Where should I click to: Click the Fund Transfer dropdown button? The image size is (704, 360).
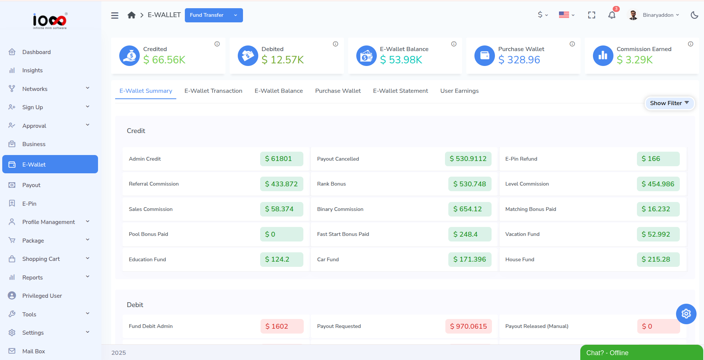[x=214, y=15]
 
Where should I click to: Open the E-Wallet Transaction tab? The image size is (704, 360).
[x=213, y=91]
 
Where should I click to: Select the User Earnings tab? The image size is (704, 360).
[x=459, y=91]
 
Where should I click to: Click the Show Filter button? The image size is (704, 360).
[x=669, y=103]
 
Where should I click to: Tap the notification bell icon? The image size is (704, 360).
[x=612, y=15]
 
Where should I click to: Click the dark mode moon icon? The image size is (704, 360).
[x=694, y=15]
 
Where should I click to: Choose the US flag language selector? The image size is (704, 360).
[x=566, y=15]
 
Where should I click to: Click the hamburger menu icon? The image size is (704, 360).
[x=115, y=15]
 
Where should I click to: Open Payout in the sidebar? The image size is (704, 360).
[x=31, y=185]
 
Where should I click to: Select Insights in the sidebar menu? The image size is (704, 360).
[x=32, y=70]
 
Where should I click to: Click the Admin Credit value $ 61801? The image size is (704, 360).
[x=281, y=159]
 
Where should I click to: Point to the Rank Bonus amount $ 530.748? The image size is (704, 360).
[x=470, y=184]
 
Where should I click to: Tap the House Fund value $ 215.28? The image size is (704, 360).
[x=658, y=259]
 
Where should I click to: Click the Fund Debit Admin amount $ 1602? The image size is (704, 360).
[x=282, y=326]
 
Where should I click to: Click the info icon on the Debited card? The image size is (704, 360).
[x=335, y=44]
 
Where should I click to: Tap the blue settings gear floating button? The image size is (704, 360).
[x=686, y=314]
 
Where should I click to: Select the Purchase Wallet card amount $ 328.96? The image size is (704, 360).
[x=519, y=60]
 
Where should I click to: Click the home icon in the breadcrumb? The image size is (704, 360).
[x=131, y=15]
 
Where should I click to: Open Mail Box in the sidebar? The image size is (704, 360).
[x=34, y=351]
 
